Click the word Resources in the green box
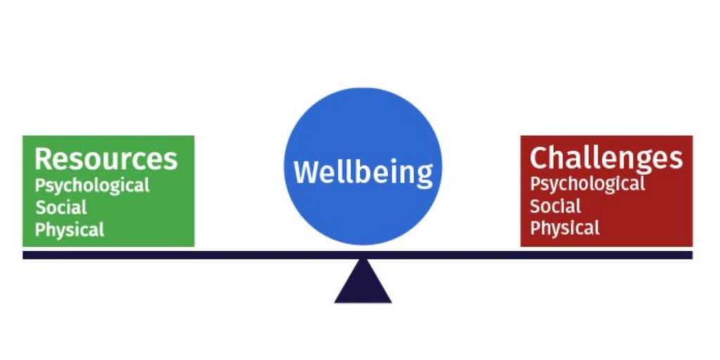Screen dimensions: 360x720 point(105,159)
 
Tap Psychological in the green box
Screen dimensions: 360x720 point(92,186)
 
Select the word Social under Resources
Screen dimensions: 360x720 point(61,207)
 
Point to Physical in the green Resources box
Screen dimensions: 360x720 point(70,230)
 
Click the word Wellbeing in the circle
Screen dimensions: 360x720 point(363,172)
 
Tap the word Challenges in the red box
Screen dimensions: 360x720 point(605,157)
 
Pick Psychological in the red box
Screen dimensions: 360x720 point(587,184)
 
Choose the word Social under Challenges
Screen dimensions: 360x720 point(555,206)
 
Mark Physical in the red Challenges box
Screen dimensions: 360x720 point(565,228)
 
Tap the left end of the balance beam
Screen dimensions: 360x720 point(25,255)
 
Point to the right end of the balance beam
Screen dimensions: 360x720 point(690,255)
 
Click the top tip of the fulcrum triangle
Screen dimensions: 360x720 point(363,260)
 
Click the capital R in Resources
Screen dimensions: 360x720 point(44,159)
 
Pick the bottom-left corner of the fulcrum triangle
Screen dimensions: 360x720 point(335,302)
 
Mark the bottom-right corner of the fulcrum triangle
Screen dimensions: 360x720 point(391,302)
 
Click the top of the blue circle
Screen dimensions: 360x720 point(363,89)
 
